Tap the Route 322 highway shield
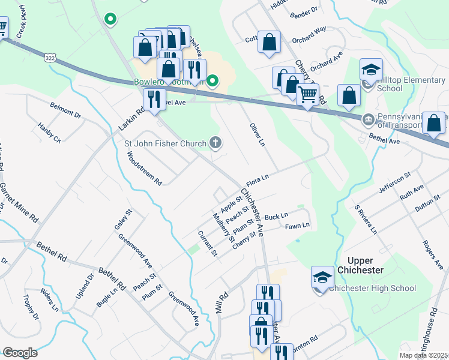tap(50, 58)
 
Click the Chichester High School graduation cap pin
tap(322, 278)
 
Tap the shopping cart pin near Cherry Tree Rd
tap(307, 94)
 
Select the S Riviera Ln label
tap(366, 220)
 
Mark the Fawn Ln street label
tap(297, 226)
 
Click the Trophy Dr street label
tap(31, 307)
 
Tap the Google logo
tap(20, 353)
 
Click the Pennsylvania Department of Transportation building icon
tap(367, 118)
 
